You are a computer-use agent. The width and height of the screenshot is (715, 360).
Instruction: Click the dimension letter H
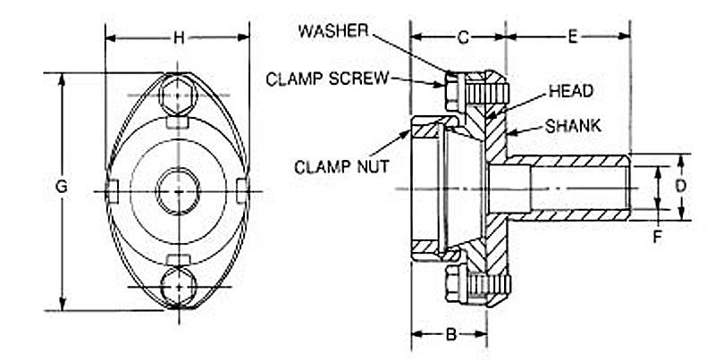coord(178,38)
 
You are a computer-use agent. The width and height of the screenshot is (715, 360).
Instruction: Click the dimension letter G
coord(61,188)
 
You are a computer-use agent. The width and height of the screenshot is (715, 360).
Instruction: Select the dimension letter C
coord(463,38)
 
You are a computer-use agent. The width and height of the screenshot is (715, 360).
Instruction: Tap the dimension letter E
coord(573,38)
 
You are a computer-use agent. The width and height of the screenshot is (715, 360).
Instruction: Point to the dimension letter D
coord(681,188)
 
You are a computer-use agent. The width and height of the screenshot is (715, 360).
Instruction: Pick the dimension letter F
coord(658,238)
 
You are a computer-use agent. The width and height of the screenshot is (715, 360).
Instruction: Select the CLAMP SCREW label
coord(327,79)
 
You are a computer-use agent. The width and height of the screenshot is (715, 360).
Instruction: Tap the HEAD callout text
coord(572,91)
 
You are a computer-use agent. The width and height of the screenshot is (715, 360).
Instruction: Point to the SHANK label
coord(573,125)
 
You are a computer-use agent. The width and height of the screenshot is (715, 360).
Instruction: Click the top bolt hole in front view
coord(179,92)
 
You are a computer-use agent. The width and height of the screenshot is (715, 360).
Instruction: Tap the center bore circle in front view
coord(178,189)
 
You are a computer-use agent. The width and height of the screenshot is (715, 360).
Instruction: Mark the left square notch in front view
coord(113,190)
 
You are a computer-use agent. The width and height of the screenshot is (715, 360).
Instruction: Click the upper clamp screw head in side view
coord(450,87)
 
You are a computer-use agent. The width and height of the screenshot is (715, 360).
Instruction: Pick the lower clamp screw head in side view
coord(450,286)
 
